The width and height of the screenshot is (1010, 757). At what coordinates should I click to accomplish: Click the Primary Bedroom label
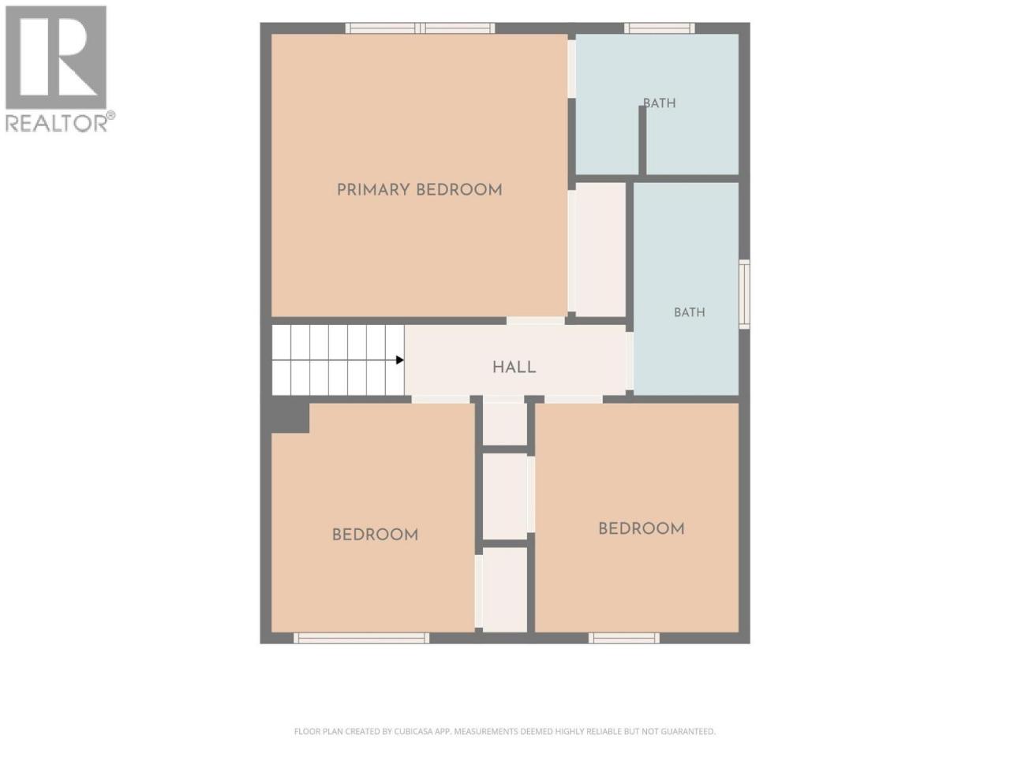coord(419,190)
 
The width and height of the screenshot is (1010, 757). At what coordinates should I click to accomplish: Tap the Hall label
coord(514,367)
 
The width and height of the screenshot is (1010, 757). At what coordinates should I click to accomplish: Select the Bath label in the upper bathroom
coord(660,103)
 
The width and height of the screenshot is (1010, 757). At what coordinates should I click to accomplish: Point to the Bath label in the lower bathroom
coord(690,312)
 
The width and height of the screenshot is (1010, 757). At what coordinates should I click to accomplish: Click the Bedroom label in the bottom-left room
coord(375,535)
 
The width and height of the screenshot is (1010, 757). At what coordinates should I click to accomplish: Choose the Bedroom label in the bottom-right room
coord(642,528)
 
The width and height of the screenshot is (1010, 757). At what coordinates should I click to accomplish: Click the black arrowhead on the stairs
coord(400,360)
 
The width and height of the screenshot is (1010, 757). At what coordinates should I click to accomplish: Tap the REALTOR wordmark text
coord(57,123)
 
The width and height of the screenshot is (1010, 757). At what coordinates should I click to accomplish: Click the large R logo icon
coord(56,58)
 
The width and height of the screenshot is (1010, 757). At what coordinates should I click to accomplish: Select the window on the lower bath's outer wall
coord(744,294)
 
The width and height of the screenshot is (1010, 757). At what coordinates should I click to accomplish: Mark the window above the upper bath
coord(660,28)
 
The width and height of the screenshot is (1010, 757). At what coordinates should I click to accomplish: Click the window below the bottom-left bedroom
coord(361,638)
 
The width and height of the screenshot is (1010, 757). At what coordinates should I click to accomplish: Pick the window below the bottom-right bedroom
coord(624,638)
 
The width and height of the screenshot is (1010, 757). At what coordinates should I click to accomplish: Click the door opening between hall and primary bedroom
coord(536,321)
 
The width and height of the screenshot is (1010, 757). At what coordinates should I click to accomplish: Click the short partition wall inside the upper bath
coord(642,140)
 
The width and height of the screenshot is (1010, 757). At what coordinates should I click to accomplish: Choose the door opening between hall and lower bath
coord(630,361)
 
